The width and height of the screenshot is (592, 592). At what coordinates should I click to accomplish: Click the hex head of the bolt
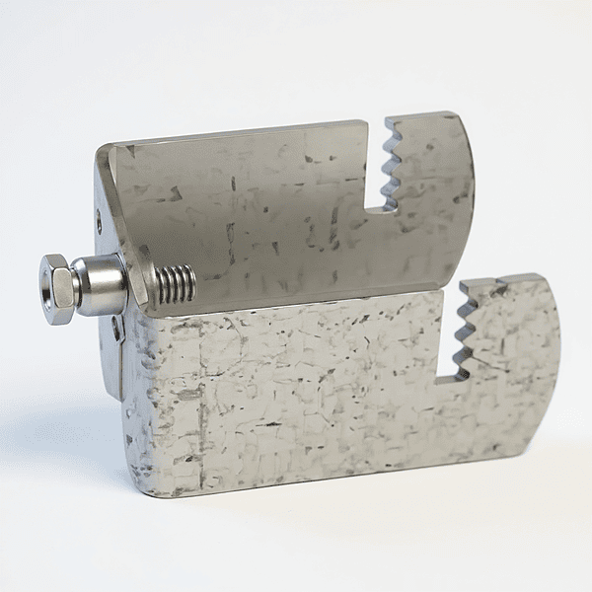pos(59,289)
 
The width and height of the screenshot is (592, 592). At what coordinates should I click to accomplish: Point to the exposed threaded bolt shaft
pos(176,285)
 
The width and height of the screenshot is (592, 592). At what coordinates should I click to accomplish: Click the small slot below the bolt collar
pos(117,329)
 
